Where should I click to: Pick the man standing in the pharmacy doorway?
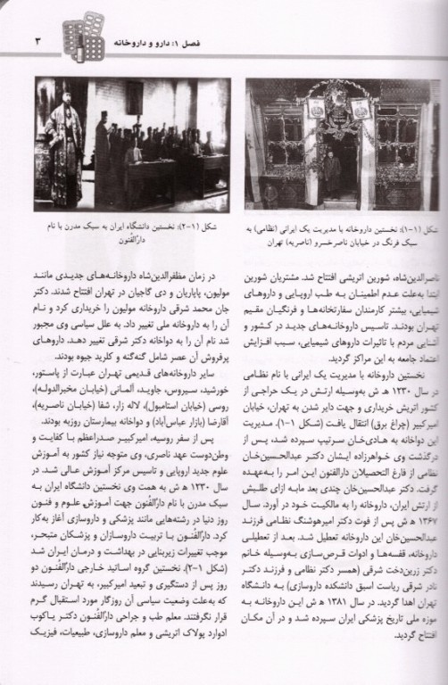(331, 174)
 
